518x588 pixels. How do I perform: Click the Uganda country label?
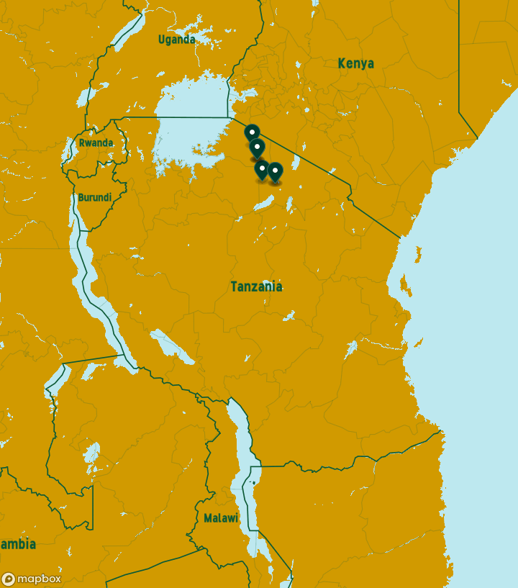point(176,40)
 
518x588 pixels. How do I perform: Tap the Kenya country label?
point(355,63)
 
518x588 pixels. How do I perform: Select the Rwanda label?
point(96,143)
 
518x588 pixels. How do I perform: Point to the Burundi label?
point(94,197)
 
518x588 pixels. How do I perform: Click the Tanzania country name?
point(256,286)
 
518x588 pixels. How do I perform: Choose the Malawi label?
point(220,518)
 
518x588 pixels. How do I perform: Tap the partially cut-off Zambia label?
point(18,544)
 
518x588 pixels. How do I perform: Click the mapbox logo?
point(32,579)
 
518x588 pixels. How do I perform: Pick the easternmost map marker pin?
point(275,172)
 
